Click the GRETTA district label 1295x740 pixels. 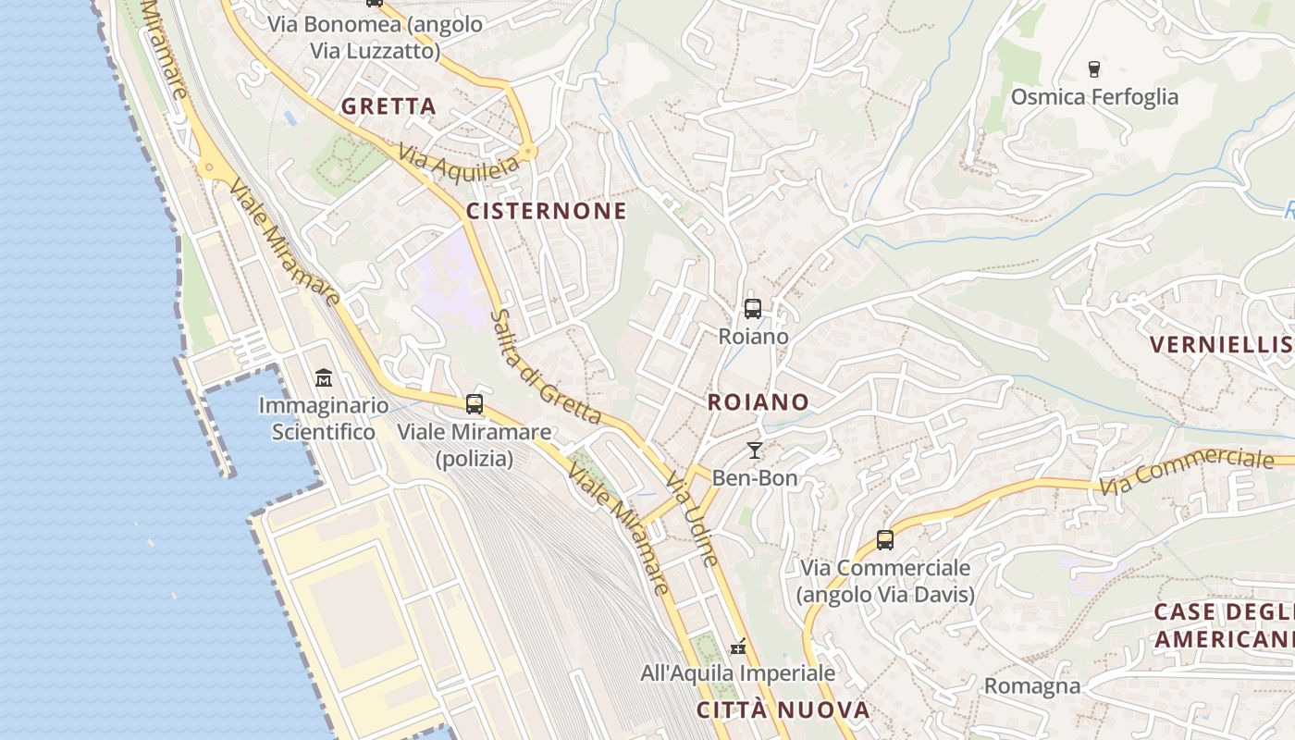(388, 106)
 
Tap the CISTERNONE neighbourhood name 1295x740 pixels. (546, 211)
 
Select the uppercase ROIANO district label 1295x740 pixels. (758, 402)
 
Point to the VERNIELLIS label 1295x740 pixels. (1221, 345)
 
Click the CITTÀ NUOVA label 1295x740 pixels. (783, 710)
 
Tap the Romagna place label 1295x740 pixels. (1031, 685)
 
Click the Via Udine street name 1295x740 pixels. (692, 521)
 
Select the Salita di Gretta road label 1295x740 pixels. (546, 366)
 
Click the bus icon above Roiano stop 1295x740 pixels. (753, 309)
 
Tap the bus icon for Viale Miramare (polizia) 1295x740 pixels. (475, 404)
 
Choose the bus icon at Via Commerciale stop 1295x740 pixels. (885, 540)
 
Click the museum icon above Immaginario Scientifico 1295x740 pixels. (324, 378)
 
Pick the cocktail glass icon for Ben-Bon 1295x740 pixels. (755, 450)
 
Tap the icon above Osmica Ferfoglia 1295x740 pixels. (1094, 68)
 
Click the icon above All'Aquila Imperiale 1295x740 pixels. (738, 646)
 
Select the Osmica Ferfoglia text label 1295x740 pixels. (1094, 97)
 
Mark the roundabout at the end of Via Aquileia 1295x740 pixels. (529, 150)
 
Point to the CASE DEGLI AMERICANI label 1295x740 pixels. (1223, 625)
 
